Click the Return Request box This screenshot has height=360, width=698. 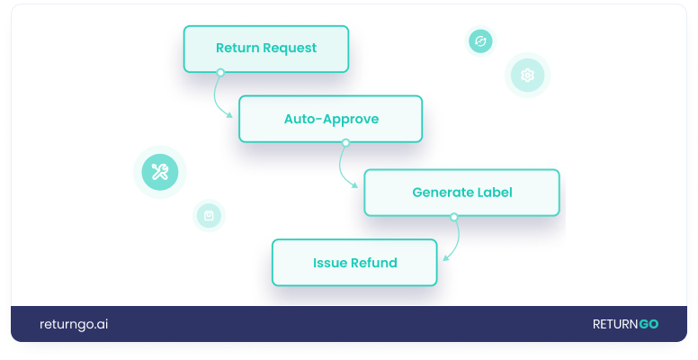point(266,49)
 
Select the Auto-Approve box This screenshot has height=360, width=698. point(330,119)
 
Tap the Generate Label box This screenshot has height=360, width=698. point(461,193)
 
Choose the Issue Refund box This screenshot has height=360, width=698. point(354,263)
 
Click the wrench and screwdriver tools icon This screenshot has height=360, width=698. point(160,172)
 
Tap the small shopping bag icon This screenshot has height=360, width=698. point(209,216)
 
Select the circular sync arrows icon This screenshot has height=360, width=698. point(480,41)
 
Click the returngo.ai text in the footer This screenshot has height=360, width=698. point(74,324)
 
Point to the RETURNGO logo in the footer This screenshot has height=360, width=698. point(625,324)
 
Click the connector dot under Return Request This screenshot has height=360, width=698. point(219,72)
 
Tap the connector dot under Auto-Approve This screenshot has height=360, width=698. point(345,142)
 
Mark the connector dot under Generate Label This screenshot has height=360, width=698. point(453,216)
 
